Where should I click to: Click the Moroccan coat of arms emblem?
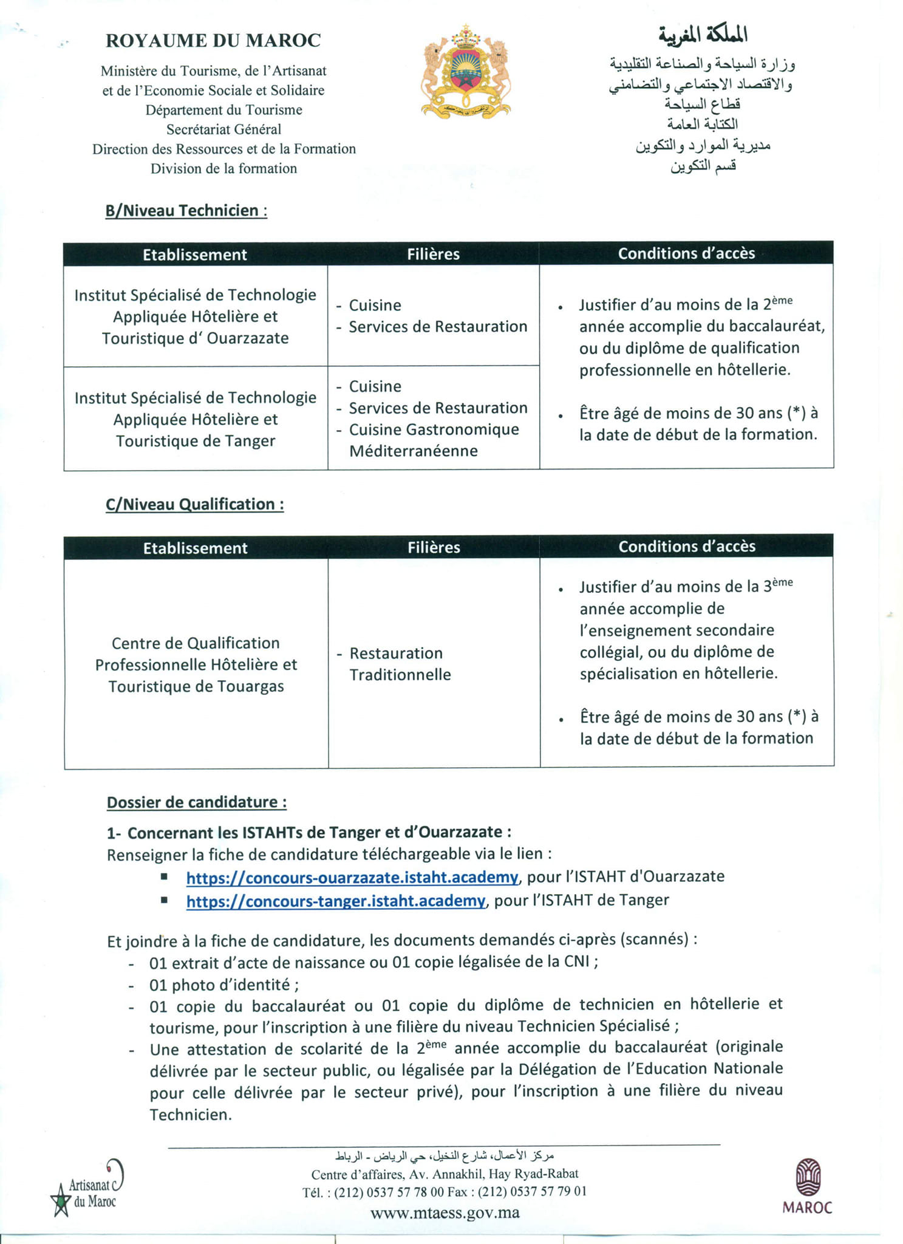[x=465, y=72]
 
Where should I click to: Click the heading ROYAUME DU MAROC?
[x=213, y=41]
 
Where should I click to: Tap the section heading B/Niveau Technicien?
[x=186, y=211]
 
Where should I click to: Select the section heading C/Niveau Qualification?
[x=194, y=504]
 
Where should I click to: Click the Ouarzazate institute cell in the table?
[x=195, y=316]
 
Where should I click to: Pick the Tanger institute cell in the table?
[x=195, y=419]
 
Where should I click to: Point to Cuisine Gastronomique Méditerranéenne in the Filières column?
[x=433, y=440]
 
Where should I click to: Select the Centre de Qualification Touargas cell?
[x=196, y=665]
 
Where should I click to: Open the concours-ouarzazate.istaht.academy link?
[x=352, y=877]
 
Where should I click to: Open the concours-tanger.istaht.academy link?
[x=335, y=901]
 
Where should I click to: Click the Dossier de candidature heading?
[x=196, y=802]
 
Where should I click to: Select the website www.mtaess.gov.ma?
[x=445, y=1213]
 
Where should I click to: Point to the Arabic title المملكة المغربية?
[x=703, y=35]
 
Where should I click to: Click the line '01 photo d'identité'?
[x=223, y=985]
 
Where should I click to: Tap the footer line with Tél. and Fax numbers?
[x=445, y=1192]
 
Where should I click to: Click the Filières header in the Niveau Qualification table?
[x=434, y=547]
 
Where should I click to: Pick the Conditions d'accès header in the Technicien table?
[x=686, y=253]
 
